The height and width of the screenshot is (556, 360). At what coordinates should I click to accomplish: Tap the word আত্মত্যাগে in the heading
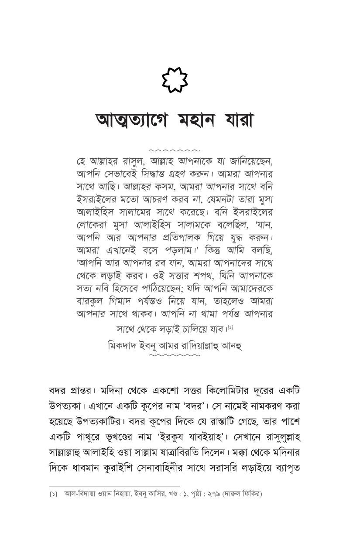pos(131,120)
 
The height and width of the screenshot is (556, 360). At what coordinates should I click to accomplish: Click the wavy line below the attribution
pos(174,355)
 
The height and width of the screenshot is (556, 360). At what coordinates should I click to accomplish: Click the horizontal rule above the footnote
pos(114,486)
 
